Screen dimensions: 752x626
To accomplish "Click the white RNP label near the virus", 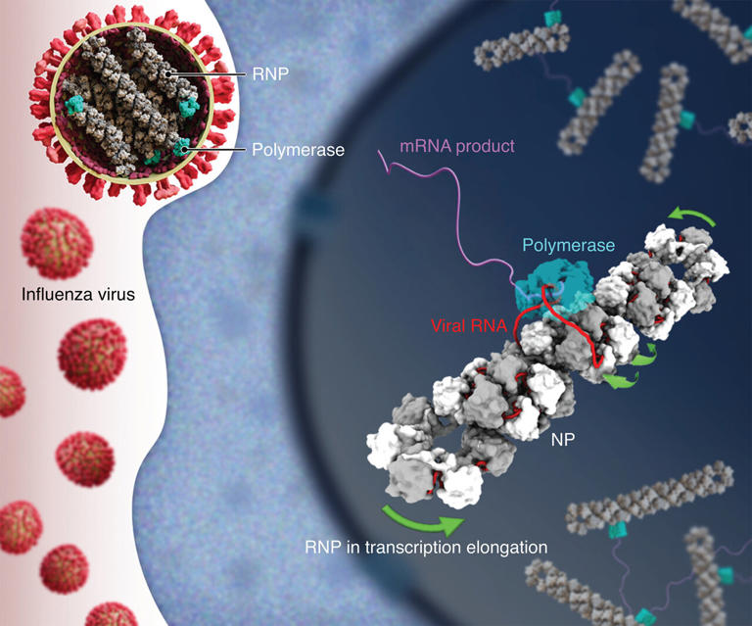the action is (x=270, y=73).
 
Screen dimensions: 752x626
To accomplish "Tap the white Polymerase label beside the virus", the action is (x=298, y=150).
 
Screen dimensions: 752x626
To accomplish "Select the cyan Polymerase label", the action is (x=568, y=245).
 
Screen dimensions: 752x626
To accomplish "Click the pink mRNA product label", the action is (x=457, y=146).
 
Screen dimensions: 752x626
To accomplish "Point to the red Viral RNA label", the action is (x=469, y=325).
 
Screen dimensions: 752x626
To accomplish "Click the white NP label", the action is (x=563, y=439).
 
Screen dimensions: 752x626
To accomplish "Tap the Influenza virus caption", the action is (x=78, y=294).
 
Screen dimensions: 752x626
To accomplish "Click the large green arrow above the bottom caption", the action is (x=422, y=522).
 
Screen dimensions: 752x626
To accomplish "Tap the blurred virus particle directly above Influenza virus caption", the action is (x=57, y=243).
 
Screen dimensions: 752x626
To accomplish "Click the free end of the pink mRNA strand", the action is (x=379, y=151).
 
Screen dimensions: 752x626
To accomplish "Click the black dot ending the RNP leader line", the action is (x=167, y=73).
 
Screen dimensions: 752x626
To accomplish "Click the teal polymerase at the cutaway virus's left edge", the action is (x=74, y=105).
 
